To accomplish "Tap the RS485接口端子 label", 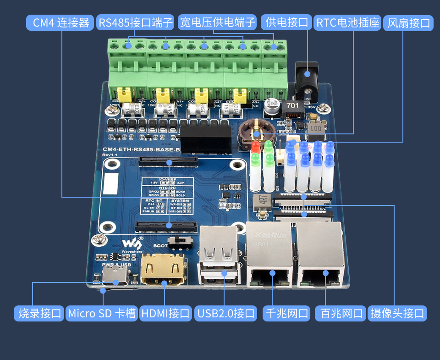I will click(x=136, y=22).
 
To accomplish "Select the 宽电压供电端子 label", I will click(x=217, y=22).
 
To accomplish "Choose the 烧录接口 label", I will click(x=39, y=314).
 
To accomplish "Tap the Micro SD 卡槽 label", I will click(x=102, y=314).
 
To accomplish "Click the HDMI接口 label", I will click(x=165, y=314).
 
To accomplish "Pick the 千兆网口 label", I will click(x=287, y=314).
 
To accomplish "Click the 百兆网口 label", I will click(x=341, y=314).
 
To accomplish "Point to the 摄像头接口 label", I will click(x=397, y=314).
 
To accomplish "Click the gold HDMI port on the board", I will click(x=164, y=271).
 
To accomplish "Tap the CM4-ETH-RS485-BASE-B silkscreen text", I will click(x=142, y=150).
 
